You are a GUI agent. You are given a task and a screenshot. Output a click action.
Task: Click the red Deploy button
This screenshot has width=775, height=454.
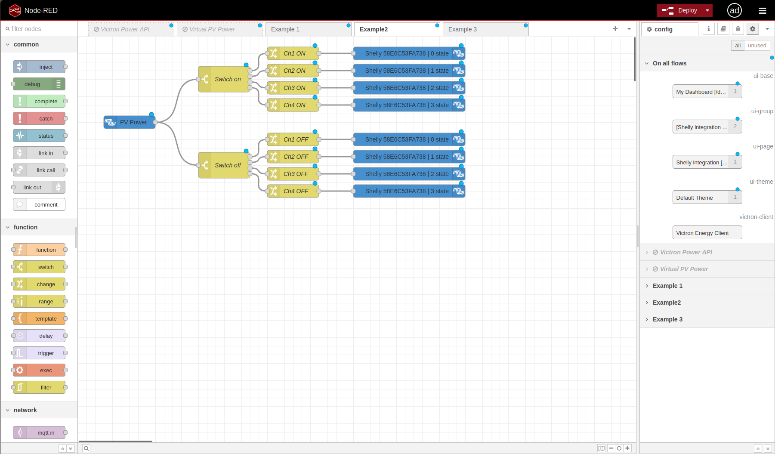pos(679,10)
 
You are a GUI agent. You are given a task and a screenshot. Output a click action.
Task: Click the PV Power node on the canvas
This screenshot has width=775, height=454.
pos(130,122)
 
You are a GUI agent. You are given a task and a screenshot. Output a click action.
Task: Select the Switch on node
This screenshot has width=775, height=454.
pos(224,79)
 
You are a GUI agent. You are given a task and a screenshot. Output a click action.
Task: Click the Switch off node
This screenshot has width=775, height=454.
pos(224,165)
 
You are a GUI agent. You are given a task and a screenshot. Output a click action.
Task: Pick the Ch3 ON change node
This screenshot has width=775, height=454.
pos(293,88)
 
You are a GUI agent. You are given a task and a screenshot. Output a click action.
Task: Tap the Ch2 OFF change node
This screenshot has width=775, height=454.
pos(293,157)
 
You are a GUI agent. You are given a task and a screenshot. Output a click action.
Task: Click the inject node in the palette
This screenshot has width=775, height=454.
pos(39,67)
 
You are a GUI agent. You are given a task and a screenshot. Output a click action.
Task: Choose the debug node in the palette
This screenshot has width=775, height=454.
pos(39,84)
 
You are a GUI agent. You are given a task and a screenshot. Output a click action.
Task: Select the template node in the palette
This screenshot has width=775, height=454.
pos(39,318)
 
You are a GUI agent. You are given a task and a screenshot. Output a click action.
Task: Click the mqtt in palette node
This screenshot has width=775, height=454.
pos(39,432)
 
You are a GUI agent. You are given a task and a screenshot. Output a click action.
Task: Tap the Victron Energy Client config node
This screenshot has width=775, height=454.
pos(707,233)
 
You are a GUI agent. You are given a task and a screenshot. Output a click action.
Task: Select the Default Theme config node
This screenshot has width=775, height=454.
pos(707,198)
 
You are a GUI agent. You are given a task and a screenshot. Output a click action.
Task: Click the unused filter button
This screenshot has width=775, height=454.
pos(757,46)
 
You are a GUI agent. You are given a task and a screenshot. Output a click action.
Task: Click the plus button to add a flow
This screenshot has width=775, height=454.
pos(615,29)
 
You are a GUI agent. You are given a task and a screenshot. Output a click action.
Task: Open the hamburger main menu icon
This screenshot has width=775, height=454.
pos(763,11)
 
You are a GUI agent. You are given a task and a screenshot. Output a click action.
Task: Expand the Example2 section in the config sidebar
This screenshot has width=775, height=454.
pos(667,303)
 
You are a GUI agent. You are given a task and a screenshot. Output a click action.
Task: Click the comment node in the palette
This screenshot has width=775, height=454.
pos(39,204)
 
